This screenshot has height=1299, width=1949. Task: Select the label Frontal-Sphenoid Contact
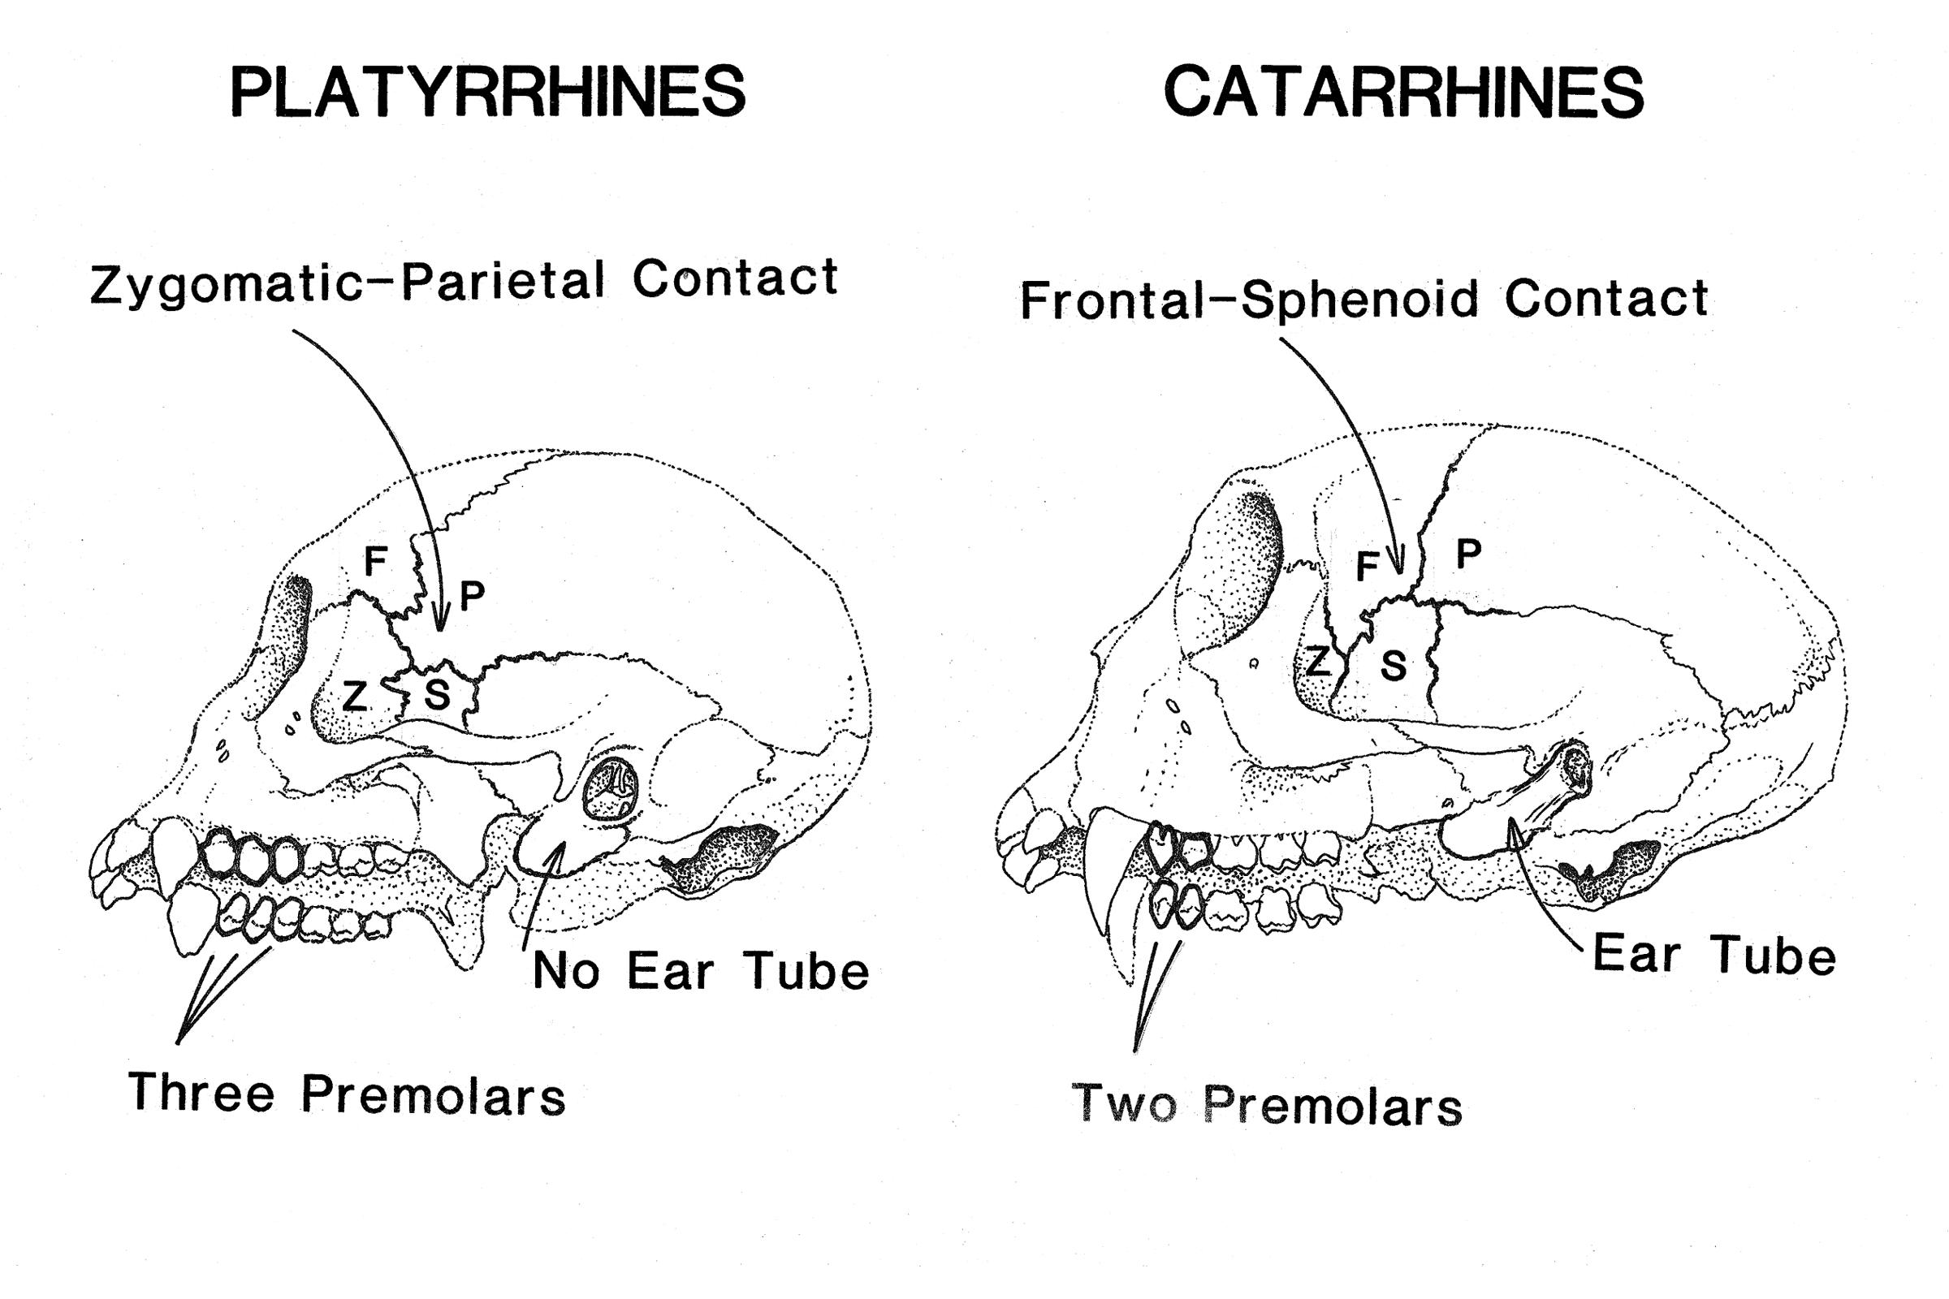coord(1364,299)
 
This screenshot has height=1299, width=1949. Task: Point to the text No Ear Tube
coord(700,971)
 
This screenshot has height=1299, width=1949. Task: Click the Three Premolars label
coord(347,1094)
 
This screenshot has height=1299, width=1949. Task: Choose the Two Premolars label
coord(1267,1104)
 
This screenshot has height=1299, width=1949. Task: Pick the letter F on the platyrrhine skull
coord(375,562)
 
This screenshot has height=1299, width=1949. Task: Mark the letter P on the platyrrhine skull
coord(472,596)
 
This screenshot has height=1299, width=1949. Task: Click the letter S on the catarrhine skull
coord(1393,665)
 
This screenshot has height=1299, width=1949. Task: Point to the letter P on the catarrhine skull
coord(1468,554)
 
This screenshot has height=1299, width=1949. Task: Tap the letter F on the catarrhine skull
coord(1367,568)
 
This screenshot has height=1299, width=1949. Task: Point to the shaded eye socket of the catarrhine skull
coord(1243,563)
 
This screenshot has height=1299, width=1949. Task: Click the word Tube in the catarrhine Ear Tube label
coord(1774,956)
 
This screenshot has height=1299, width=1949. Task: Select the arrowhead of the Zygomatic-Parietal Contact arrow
coord(442,623)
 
